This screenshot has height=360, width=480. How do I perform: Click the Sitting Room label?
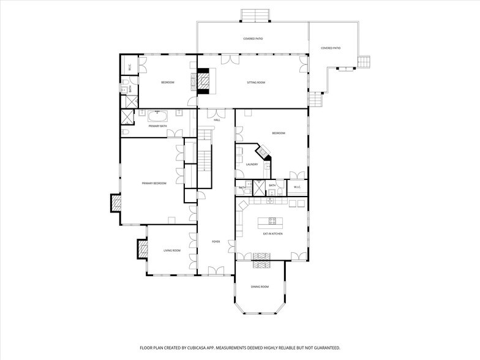[256, 82]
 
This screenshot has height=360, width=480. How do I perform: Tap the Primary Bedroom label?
[154, 183]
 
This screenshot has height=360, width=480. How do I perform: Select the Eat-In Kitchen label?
[272, 233]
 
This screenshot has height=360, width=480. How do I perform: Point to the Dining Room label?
[260, 287]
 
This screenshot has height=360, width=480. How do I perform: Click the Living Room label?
[171, 250]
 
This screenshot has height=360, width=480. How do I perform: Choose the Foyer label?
[216, 241]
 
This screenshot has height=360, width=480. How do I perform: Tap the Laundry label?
[252, 164]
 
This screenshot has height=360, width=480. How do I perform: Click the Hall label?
[217, 120]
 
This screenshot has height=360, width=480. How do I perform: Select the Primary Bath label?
[157, 126]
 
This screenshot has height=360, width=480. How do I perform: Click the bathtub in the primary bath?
[158, 114]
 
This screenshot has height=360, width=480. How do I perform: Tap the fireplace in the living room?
[142, 248]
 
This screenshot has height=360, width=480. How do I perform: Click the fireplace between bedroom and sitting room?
[200, 80]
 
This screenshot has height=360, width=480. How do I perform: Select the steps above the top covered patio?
[255, 15]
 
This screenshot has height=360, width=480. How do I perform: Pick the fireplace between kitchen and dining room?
[261, 264]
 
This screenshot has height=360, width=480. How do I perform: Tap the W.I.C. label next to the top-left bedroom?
[130, 68]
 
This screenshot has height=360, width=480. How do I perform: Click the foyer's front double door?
[216, 271]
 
